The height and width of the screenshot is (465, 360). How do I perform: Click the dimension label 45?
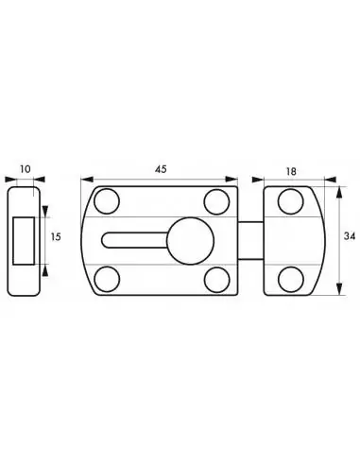click(x=161, y=168)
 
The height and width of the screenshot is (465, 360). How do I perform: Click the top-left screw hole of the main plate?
click(x=108, y=201)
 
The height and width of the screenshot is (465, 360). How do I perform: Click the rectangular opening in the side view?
click(x=26, y=238)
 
